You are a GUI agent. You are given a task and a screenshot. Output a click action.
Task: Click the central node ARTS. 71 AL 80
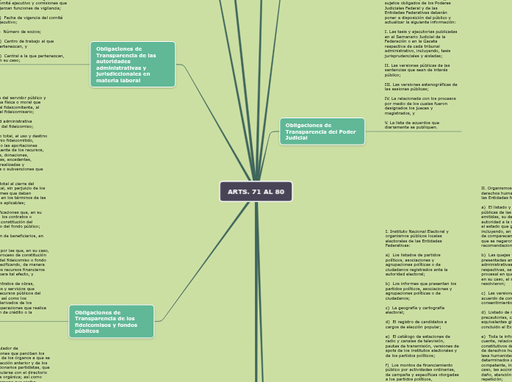(x=256, y=191)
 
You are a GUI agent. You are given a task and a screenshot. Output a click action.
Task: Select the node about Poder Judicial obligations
(x=322, y=131)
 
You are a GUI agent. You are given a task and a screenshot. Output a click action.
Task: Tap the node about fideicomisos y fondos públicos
(x=112, y=321)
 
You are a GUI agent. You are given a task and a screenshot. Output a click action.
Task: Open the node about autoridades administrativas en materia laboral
(x=132, y=64)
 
